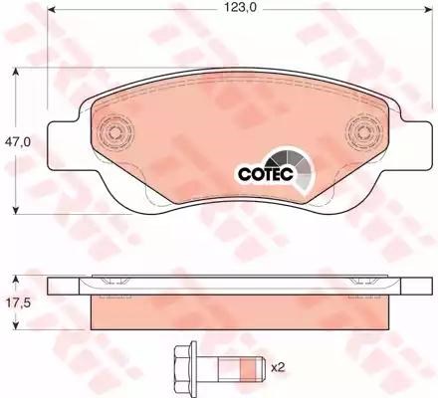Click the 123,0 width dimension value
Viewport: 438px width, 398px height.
pyautogui.click(x=240, y=8)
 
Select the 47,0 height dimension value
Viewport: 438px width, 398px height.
pyautogui.click(x=17, y=141)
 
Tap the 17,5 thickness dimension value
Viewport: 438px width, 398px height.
pyautogui.click(x=17, y=302)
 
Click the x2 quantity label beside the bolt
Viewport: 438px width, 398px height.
pyautogui.click(x=278, y=367)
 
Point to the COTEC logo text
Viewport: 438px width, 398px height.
pyautogui.click(x=266, y=174)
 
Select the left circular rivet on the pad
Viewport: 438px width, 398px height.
pyautogui.click(x=115, y=133)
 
